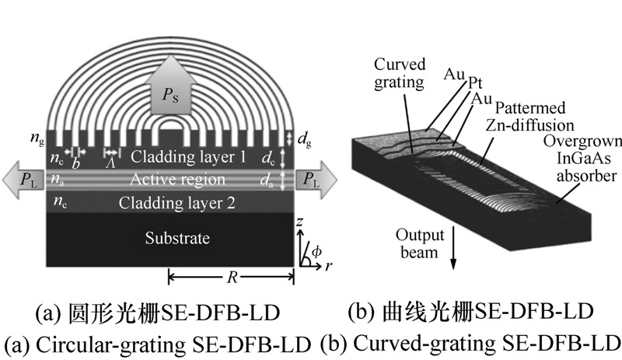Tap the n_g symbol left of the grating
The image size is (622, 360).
(x=37, y=138)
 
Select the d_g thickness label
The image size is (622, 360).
(x=304, y=139)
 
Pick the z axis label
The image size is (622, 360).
(x=299, y=222)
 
